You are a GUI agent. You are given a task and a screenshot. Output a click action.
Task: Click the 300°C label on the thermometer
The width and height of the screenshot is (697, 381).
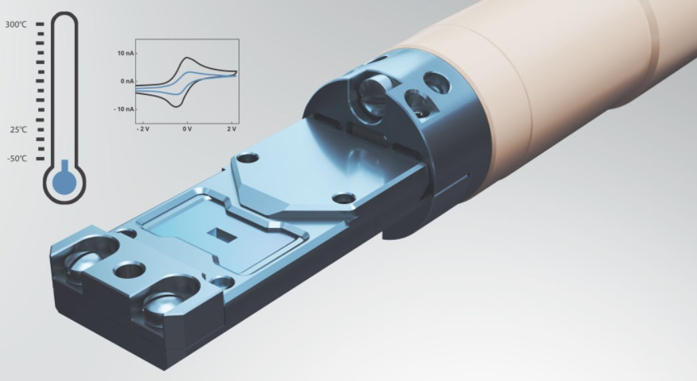coord(16,25)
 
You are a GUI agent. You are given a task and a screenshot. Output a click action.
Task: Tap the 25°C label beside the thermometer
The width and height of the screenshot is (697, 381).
coord(19,130)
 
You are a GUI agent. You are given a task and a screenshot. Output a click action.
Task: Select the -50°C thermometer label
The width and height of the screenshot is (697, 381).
coord(17,158)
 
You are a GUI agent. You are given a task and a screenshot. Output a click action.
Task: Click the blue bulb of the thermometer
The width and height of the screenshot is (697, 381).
coord(65,180)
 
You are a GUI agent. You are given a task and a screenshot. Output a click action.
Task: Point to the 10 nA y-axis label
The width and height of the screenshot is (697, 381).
coord(125,53)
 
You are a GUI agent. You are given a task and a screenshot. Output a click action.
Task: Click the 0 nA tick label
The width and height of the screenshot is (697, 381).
coord(126,82)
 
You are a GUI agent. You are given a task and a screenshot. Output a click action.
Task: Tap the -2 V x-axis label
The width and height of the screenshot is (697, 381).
coord(143,129)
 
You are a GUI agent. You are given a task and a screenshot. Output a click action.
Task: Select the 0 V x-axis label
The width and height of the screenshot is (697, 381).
coord(187,129)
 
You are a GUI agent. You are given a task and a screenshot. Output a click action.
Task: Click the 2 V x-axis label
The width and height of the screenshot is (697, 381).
coord(232,129)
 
